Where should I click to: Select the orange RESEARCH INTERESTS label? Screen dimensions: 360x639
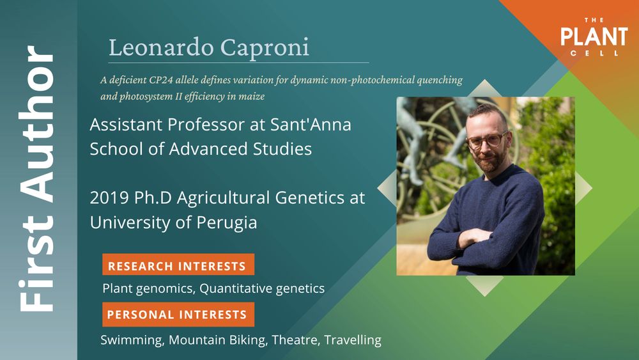(x=178, y=265)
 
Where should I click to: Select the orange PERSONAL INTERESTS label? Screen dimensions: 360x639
(x=178, y=314)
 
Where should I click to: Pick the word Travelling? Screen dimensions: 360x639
(x=353, y=340)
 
